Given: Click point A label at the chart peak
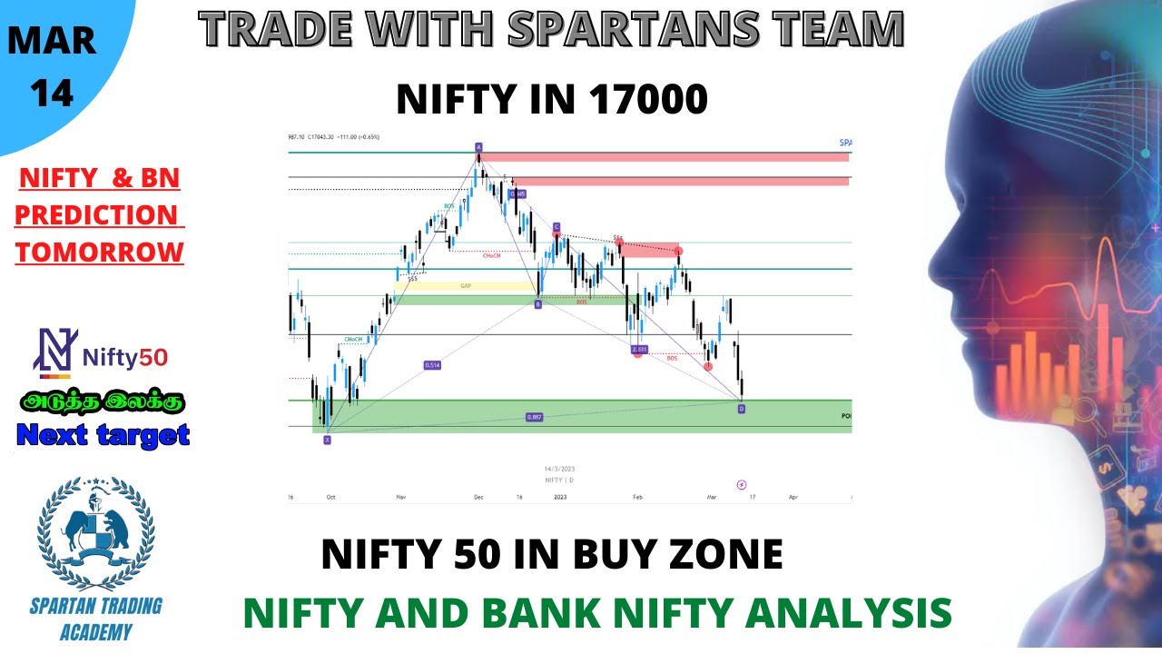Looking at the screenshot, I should pyautogui.click(x=478, y=146).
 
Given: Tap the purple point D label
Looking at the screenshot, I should pyautogui.click(x=742, y=409).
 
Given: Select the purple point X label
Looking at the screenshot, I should pyautogui.click(x=328, y=439).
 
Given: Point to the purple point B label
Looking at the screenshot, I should pyautogui.click(x=537, y=305).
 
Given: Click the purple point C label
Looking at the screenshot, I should pyautogui.click(x=556, y=227).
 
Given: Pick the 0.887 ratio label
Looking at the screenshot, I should pyautogui.click(x=534, y=417).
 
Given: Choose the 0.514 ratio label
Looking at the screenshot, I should pyautogui.click(x=432, y=365).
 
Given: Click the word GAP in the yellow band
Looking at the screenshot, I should pyautogui.click(x=466, y=285).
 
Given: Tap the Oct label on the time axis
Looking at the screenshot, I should pyautogui.click(x=331, y=498).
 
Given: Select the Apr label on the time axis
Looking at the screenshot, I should pyautogui.click(x=793, y=498).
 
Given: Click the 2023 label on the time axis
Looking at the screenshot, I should pyautogui.click(x=560, y=498).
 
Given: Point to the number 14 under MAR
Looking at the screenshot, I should pyautogui.click(x=53, y=95).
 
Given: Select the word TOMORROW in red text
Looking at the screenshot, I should pyautogui.click(x=100, y=252).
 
